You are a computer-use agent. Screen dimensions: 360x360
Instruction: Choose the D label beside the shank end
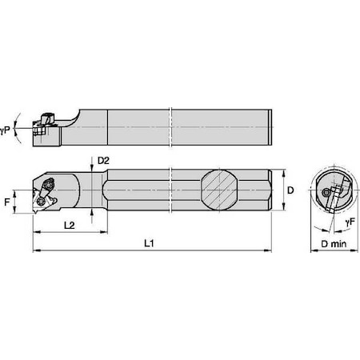pyautogui.click(x=293, y=192)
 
